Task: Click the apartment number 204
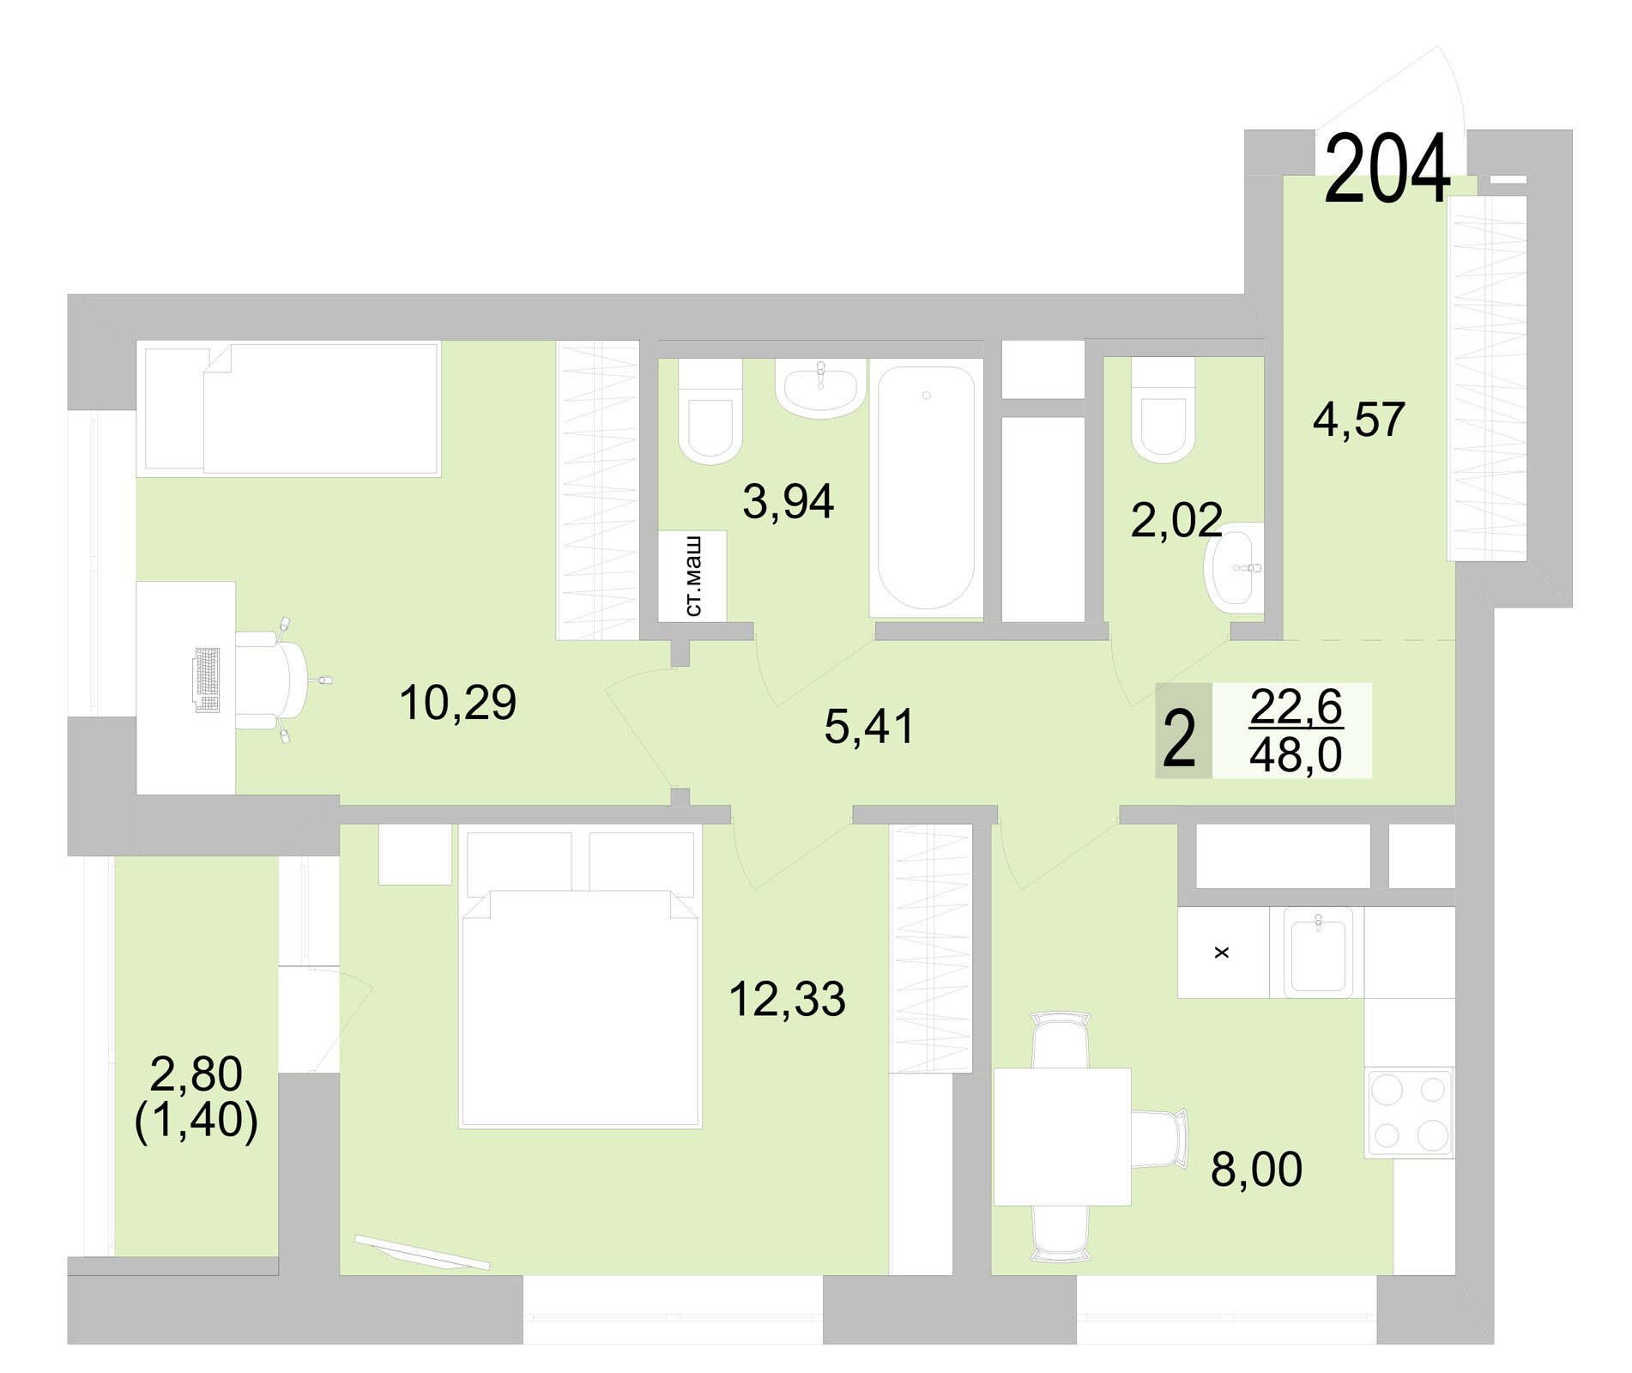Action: (1387, 171)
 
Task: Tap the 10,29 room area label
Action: (457, 703)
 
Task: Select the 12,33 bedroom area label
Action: (787, 999)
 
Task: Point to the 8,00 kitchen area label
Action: (1256, 1169)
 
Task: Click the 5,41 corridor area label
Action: (869, 727)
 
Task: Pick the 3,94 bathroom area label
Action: (788, 502)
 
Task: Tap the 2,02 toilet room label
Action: (1176, 520)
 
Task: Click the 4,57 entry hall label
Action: (1358, 420)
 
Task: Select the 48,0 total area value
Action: (1296, 757)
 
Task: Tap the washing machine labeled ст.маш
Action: (692, 576)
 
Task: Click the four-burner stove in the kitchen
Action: (1409, 1113)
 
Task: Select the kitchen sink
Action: (1317, 952)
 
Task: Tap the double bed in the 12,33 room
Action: (579, 1004)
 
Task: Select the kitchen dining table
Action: (1061, 1136)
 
